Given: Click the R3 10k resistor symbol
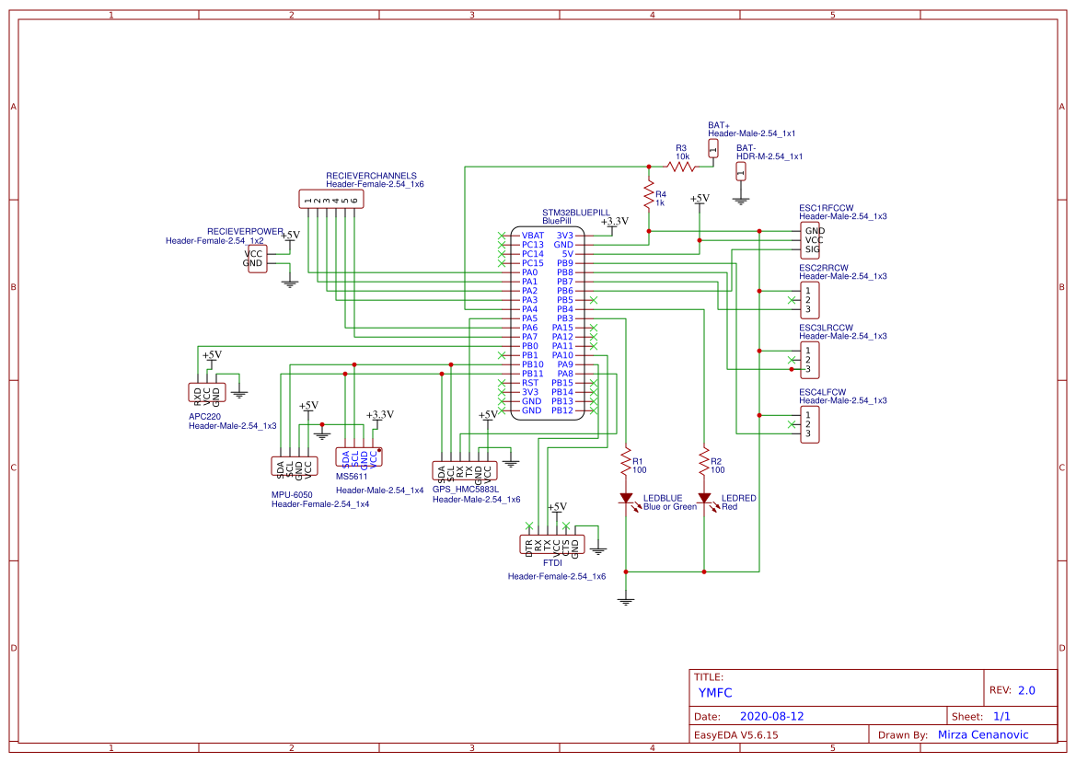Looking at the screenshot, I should [x=681, y=167].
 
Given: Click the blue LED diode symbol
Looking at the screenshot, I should [x=627, y=499].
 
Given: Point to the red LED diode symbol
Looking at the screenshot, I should [x=704, y=499].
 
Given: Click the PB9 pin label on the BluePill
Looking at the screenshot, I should [x=565, y=263].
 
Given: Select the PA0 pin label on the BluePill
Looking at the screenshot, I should [x=529, y=272].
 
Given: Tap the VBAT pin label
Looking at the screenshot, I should [x=533, y=236].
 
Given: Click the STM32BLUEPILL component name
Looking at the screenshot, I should [x=575, y=212].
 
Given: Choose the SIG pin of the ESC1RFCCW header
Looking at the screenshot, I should [x=814, y=249].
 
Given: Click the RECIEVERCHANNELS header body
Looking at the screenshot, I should [x=330, y=198].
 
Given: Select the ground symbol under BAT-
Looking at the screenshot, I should [x=741, y=196].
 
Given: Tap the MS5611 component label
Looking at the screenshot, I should [x=352, y=477].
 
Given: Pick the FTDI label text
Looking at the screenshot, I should [x=552, y=562].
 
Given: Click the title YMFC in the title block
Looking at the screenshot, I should [x=714, y=693].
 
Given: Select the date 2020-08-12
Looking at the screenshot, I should [x=772, y=716].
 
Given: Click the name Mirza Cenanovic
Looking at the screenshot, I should [x=982, y=734].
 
